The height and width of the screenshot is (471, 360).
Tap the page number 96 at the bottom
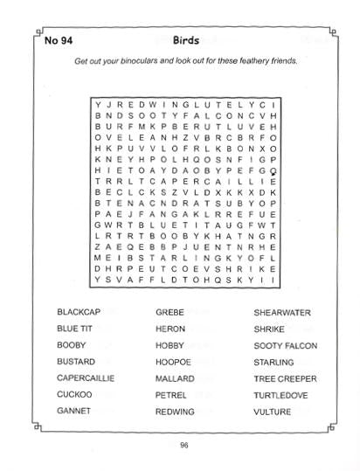pyautogui.click(x=184, y=446)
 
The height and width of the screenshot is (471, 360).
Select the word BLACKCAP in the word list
pyautogui.click(x=79, y=312)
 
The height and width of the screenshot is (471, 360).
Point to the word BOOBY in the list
pyautogui.click(x=72, y=345)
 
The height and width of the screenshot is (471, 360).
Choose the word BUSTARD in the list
pyautogui.click(x=76, y=362)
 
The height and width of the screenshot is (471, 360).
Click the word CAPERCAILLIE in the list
pyautogui.click(x=87, y=378)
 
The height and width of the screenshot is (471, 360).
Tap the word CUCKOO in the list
pyautogui.click(x=74, y=395)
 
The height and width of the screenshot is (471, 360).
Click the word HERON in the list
pyautogui.click(x=170, y=329)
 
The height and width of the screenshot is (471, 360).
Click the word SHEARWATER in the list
pyautogui.click(x=282, y=312)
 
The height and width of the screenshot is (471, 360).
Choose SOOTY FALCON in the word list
pyautogui.click(x=284, y=345)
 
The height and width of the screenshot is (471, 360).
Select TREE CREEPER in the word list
pyautogui.click(x=284, y=378)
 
